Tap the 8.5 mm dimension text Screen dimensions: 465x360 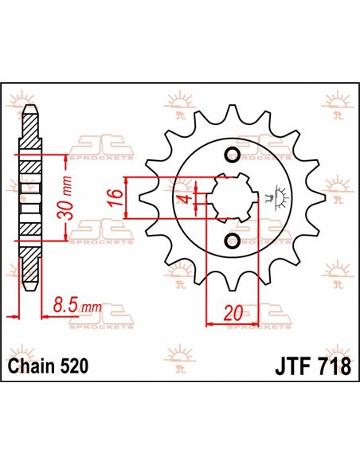click(x=80, y=305)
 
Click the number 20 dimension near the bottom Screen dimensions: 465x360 click(x=233, y=313)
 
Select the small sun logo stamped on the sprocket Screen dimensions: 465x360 click(x=279, y=196)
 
